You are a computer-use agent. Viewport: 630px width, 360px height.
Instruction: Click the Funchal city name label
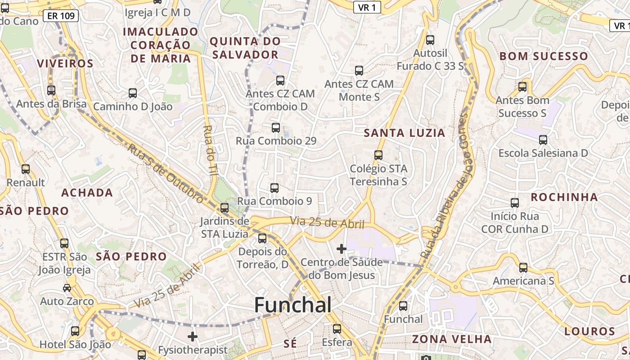pyautogui.click(x=293, y=305)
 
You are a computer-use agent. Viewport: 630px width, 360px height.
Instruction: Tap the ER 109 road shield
pyautogui.click(x=61, y=16)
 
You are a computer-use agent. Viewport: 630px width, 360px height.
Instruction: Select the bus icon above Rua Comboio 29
pyautogui.click(x=276, y=128)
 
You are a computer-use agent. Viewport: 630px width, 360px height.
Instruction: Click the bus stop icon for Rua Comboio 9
pyautogui.click(x=274, y=188)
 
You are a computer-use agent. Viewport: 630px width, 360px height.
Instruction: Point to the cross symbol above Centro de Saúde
pyautogui.click(x=342, y=248)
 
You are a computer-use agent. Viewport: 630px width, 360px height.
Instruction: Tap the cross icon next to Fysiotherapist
pyautogui.click(x=193, y=336)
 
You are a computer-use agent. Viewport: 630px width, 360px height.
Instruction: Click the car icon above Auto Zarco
pyautogui.click(x=67, y=288)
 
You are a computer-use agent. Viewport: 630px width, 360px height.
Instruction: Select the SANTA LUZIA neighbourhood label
pyautogui.click(x=404, y=133)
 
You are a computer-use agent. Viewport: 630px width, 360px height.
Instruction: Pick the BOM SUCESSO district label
pyautogui.click(x=544, y=56)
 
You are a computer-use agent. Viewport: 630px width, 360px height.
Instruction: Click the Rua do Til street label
pyautogui.click(x=210, y=150)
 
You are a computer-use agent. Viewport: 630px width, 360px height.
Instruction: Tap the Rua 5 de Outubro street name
pyautogui.click(x=165, y=173)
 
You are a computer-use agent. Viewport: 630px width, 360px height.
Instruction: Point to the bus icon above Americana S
pyautogui.click(x=523, y=268)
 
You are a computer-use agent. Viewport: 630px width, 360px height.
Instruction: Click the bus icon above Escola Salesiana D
pyautogui.click(x=543, y=140)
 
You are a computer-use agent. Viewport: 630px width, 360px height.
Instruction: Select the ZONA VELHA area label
pyautogui.click(x=452, y=339)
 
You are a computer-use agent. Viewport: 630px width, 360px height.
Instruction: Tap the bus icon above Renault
pyautogui.click(x=26, y=169)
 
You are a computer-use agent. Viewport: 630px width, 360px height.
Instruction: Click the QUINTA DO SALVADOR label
pyautogui.click(x=245, y=48)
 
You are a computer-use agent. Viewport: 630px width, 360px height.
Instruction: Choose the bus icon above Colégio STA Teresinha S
pyautogui.click(x=378, y=155)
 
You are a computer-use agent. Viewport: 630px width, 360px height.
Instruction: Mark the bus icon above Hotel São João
pyautogui.click(x=75, y=331)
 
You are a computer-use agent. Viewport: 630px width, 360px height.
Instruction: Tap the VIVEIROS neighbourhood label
pyautogui.click(x=65, y=63)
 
